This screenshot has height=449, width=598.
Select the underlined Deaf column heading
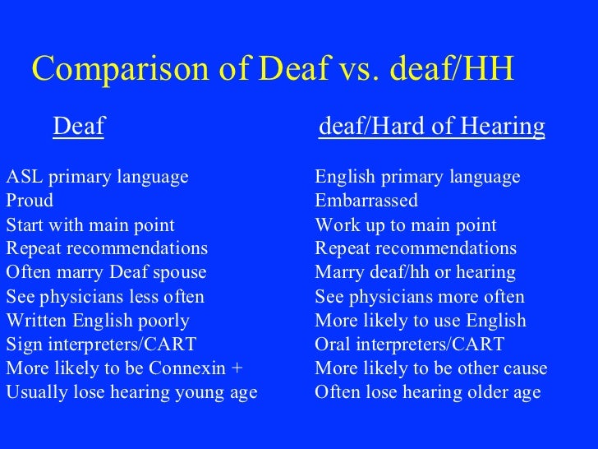(79, 127)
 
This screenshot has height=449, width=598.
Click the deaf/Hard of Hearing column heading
(431, 127)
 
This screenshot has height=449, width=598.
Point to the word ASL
(21, 178)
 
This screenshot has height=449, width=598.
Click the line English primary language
(417, 178)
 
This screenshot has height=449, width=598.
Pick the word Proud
(30, 201)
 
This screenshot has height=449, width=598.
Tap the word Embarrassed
(366, 201)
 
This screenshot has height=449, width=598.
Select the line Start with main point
(90, 225)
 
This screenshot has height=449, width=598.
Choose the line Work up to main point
(406, 225)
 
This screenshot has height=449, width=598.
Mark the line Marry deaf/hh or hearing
(415, 273)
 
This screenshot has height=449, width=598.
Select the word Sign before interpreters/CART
(21, 345)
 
